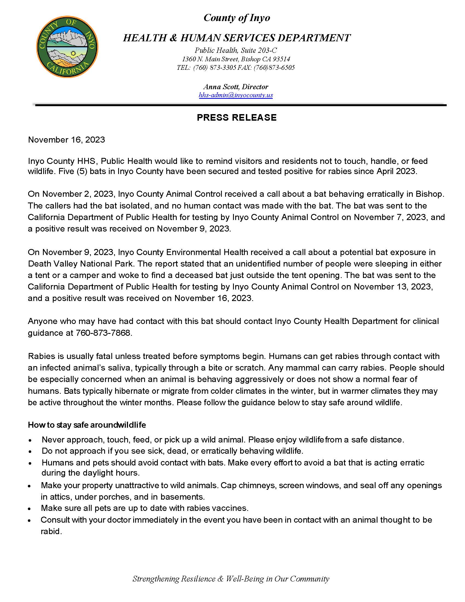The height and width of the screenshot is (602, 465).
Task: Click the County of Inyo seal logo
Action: click(67, 47)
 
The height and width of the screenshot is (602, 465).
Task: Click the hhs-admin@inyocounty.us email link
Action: click(236, 95)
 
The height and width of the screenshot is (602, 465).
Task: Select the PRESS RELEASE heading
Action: click(237, 118)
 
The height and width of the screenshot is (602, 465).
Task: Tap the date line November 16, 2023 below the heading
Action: click(66, 140)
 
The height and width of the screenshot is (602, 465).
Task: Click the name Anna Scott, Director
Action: click(236, 87)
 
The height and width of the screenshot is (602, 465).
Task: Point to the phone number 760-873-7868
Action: click(103, 333)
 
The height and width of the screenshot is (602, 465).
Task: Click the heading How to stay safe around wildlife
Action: click(87, 425)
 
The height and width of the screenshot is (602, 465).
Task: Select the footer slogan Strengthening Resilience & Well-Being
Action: click(231, 578)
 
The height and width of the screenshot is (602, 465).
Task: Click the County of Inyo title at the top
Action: click(237, 18)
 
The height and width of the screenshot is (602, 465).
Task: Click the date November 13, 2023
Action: click(393, 287)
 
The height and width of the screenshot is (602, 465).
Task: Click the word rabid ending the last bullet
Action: click(50, 531)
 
